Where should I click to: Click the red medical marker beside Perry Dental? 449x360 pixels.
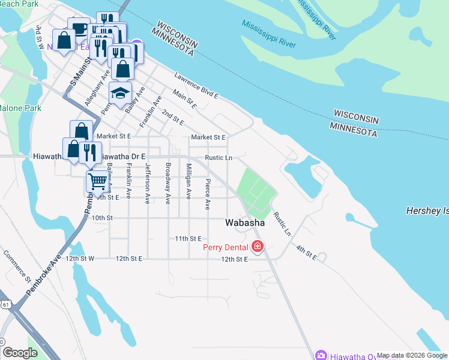tap(258, 246)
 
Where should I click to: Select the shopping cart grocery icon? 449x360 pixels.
tap(97, 181)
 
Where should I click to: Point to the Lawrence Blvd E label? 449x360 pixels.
tap(196, 86)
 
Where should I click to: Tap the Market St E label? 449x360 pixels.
tap(208, 137)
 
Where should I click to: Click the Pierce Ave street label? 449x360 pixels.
tap(208, 193)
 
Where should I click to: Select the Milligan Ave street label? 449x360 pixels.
tap(188, 181)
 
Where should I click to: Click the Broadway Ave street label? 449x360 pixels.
tap(168, 181)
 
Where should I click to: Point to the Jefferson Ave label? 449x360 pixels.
tap(147, 186)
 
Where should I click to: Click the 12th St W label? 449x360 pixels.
tap(80, 259)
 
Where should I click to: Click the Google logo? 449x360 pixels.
tap(20, 353)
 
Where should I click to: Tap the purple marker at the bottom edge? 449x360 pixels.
tap(321, 355)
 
